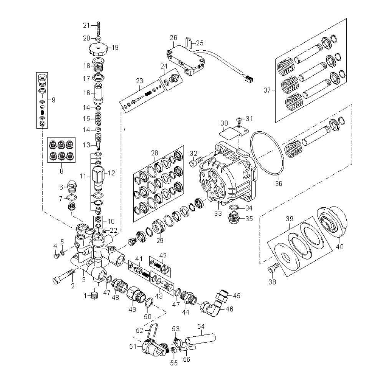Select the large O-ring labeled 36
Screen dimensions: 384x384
(267, 152)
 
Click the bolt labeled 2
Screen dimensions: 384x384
(62, 277)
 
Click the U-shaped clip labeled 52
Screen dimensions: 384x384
(153, 331)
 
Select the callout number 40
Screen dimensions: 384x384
(340, 247)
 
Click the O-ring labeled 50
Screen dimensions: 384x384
(150, 303)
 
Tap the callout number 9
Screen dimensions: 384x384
(53, 100)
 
